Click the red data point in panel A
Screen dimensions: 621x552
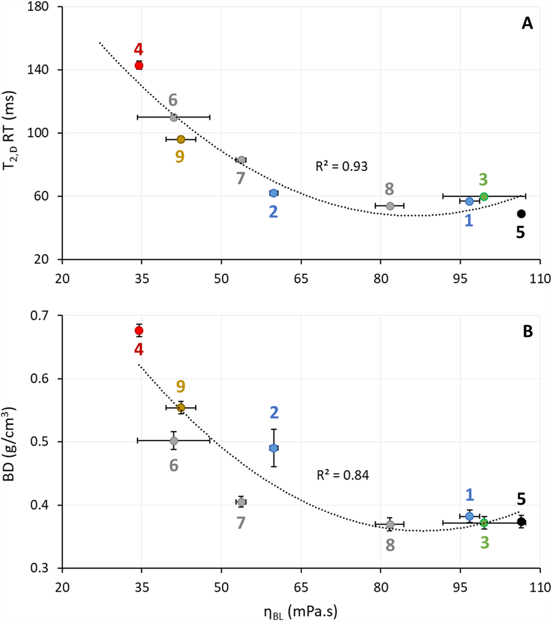[139, 65]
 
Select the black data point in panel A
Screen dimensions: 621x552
[521, 214]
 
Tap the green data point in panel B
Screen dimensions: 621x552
[484, 523]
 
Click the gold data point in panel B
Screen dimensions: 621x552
[181, 408]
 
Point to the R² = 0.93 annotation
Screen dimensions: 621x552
[341, 166]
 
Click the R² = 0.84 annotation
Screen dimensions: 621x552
[343, 475]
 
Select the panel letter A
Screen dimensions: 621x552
[527, 24]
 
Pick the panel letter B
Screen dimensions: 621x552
[527, 332]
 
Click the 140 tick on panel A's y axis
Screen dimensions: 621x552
[38, 70]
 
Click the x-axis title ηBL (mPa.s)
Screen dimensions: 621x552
[301, 612]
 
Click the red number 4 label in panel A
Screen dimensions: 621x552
[139, 49]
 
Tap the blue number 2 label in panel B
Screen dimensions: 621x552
[274, 413]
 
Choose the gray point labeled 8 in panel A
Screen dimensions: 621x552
[390, 206]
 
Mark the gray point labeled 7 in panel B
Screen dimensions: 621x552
[241, 502]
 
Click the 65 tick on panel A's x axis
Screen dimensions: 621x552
[301, 279]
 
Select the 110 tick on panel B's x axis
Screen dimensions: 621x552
[540, 587]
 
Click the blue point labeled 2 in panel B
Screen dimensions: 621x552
[274, 448]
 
